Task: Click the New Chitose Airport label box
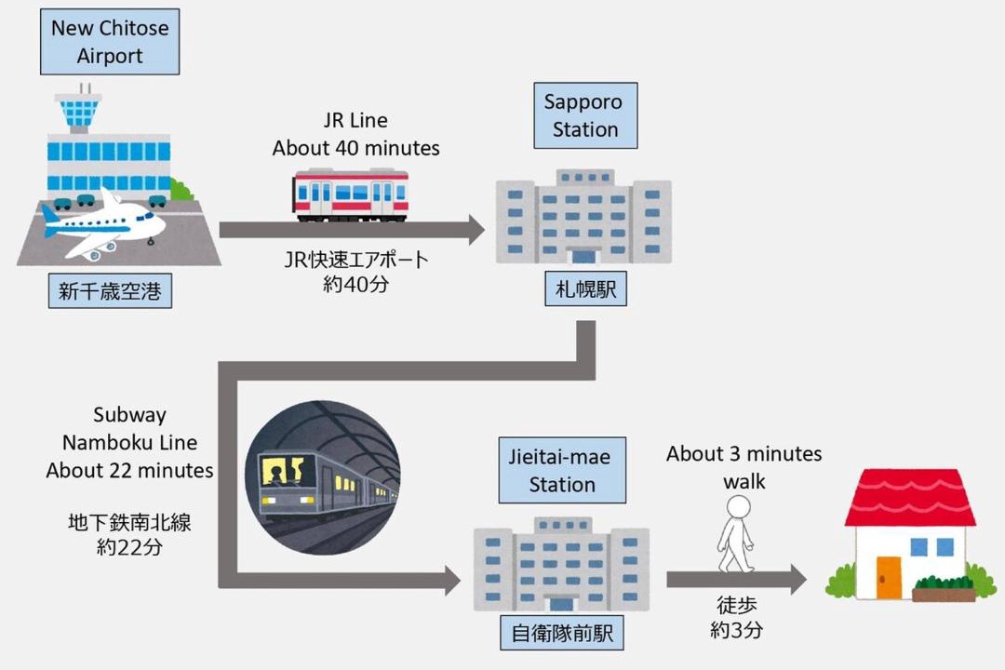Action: (110, 42)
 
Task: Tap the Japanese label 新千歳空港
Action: (110, 291)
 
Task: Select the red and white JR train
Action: (350, 194)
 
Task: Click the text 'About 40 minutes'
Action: (355, 148)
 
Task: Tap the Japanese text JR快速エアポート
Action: (355, 260)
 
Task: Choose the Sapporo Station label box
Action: (585, 115)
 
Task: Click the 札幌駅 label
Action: (586, 289)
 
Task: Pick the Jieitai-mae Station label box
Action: (562, 470)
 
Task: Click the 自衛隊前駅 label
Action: (562, 634)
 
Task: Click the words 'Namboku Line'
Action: (129, 442)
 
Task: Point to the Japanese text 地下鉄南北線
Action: (129, 523)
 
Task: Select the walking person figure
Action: (736, 535)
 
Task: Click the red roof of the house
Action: (910, 498)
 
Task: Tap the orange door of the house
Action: (889, 578)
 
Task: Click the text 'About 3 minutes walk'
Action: (744, 467)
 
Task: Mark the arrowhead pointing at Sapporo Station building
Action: (476, 230)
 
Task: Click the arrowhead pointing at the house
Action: (798, 580)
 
